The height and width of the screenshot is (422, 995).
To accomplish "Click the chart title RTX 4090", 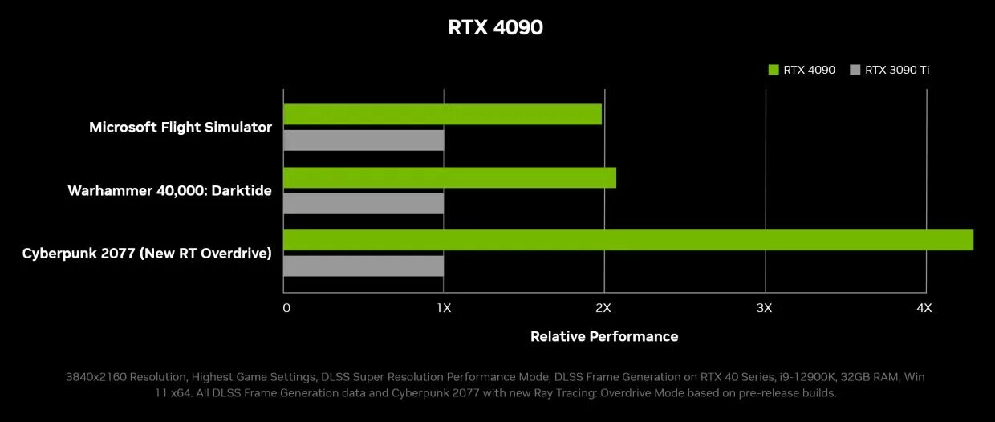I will tap(495, 27).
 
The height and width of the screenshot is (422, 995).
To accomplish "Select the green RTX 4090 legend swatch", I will tap(774, 70).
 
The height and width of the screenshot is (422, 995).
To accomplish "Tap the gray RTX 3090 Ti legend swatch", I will tap(855, 70).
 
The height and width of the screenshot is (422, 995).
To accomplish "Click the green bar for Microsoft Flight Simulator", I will tap(442, 114).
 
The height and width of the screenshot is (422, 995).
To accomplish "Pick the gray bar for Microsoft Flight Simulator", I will tap(363, 140).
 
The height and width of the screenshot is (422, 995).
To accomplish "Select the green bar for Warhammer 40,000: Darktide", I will tap(449, 177).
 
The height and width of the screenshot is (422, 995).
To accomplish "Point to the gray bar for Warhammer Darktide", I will tap(363, 203).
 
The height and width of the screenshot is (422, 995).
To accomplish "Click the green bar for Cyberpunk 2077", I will tap(628, 240).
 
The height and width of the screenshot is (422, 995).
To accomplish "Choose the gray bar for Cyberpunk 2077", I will tap(363, 266).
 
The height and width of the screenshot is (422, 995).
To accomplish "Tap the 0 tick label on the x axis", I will tap(286, 308).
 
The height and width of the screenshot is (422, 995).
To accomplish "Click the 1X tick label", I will tap(444, 308).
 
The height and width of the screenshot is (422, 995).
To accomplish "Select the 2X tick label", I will tap(603, 308).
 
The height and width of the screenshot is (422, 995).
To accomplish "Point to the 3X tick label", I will tap(764, 308).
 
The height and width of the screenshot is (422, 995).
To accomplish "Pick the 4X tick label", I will tap(924, 308).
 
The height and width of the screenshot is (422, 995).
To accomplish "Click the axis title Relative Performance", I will tap(604, 336).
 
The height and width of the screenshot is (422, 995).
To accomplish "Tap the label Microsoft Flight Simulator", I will tap(181, 127).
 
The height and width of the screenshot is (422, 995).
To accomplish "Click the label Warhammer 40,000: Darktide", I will tap(169, 190).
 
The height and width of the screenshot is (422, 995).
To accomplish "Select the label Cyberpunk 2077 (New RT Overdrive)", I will tap(147, 253).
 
